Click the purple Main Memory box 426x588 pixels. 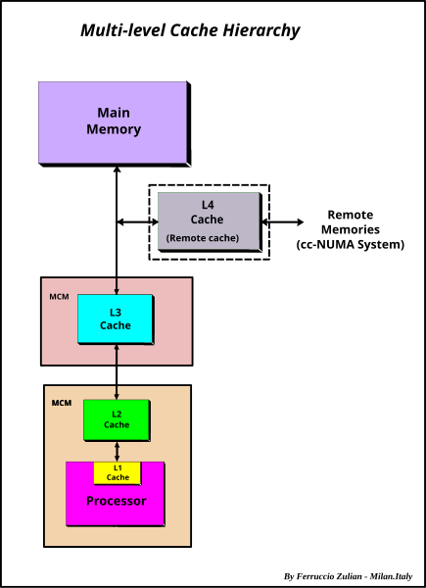(x=115, y=123)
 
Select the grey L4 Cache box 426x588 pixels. (x=210, y=221)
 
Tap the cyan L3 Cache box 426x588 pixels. (x=116, y=319)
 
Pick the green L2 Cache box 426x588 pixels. (x=117, y=420)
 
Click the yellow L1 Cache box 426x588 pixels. (x=118, y=473)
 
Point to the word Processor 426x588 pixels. (x=117, y=501)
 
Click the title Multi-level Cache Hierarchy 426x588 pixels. (x=190, y=30)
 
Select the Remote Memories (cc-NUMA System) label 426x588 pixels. (x=351, y=229)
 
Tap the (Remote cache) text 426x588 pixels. (x=203, y=238)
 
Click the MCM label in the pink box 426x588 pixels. (x=59, y=297)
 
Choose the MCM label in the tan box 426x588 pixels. (x=62, y=404)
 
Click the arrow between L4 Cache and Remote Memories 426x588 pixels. (x=282, y=222)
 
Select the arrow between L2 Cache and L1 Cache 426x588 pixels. (x=118, y=452)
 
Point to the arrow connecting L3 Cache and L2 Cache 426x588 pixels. (x=117, y=371)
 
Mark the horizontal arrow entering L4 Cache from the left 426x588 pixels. (x=137, y=222)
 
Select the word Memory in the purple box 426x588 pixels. (x=114, y=129)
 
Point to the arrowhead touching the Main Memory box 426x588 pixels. (x=117, y=170)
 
